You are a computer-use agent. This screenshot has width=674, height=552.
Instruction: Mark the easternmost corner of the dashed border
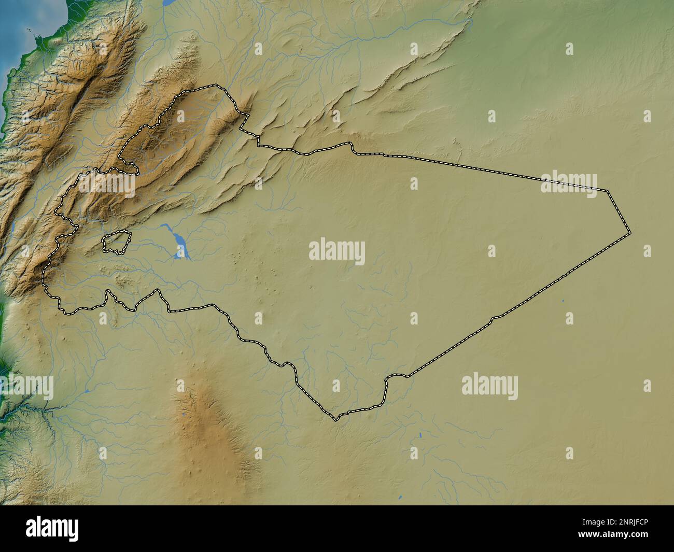630,233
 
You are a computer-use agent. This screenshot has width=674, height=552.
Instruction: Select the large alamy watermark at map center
336,252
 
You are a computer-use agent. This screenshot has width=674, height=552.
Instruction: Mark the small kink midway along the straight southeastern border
493,318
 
